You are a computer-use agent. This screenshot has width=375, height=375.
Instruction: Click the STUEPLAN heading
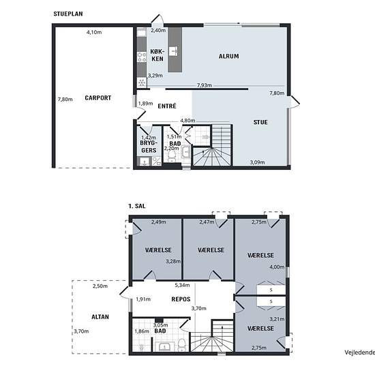pyautogui.click(x=68, y=14)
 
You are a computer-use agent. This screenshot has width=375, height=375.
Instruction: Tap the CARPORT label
pyautogui.click(x=98, y=97)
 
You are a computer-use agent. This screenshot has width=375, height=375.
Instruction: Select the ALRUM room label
pyautogui.click(x=229, y=56)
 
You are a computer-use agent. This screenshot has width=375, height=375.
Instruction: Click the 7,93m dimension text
pyautogui.click(x=205, y=85)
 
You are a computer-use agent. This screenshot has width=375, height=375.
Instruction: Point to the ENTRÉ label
pyautogui.click(x=167, y=106)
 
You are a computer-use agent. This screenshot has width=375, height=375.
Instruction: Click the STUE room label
pyautogui.click(x=260, y=122)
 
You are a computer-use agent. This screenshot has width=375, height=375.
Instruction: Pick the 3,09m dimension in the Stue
pyautogui.click(x=257, y=162)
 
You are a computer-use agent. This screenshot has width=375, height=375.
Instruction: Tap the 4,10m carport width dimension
pyautogui.click(x=94, y=32)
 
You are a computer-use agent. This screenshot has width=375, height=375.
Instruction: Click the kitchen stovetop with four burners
pyautogui.click(x=142, y=58)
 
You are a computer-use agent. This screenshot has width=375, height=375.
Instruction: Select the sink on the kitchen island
pyautogui.click(x=173, y=51)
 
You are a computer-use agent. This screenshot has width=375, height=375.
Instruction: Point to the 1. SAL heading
pyautogui.click(x=137, y=206)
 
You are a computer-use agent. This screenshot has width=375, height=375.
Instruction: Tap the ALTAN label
pyautogui.click(x=100, y=317)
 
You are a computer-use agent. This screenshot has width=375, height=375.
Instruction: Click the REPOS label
pyautogui.click(x=181, y=299)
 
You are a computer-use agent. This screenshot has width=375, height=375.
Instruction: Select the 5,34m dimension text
pyautogui.click(x=182, y=285)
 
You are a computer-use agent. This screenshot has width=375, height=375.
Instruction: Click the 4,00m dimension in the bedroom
pyautogui.click(x=277, y=267)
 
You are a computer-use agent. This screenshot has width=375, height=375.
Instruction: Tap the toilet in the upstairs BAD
pyautogui.click(x=182, y=345)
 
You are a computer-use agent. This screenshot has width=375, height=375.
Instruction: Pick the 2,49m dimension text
pyautogui.click(x=159, y=222)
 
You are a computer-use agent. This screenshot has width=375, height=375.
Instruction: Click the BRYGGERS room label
pyautogui.click(x=149, y=147)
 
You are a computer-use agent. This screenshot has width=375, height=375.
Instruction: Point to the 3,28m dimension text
pyautogui.click(x=173, y=261)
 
